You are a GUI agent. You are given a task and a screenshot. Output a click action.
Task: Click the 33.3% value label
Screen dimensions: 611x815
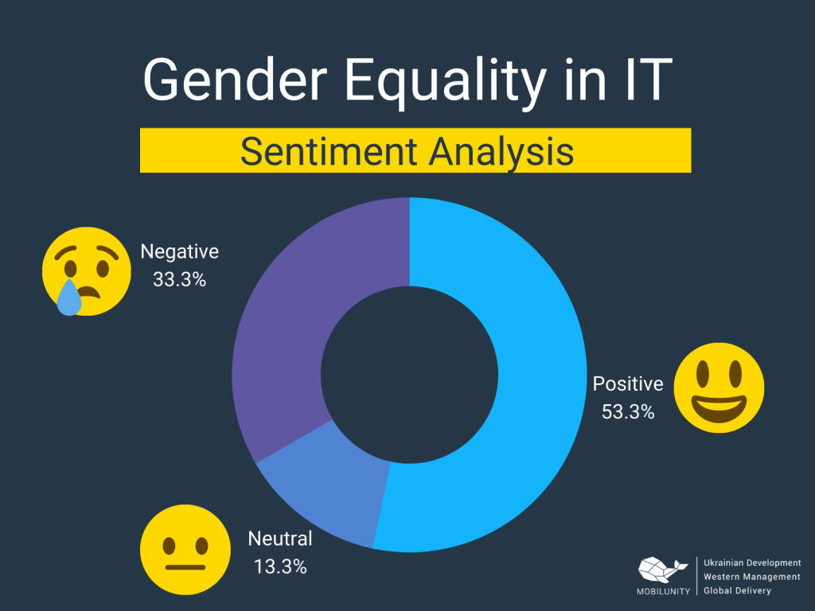click(x=180, y=279)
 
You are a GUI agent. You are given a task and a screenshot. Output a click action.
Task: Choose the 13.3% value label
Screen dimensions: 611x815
click(x=280, y=566)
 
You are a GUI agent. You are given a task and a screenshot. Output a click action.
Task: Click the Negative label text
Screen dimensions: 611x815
click(x=179, y=252)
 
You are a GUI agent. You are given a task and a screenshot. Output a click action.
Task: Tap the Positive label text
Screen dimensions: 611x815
click(x=628, y=384)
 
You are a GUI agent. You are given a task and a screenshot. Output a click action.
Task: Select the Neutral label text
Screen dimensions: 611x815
click(x=280, y=539)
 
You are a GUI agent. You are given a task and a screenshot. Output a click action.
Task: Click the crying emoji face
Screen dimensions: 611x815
click(x=86, y=271)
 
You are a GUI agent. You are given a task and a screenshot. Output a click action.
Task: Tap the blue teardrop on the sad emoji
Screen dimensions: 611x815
click(x=68, y=298)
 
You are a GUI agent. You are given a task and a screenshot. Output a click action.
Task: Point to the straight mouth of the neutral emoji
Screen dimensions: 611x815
click(x=185, y=566)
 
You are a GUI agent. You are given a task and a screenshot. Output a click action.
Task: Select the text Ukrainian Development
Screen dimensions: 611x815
click(x=752, y=562)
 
